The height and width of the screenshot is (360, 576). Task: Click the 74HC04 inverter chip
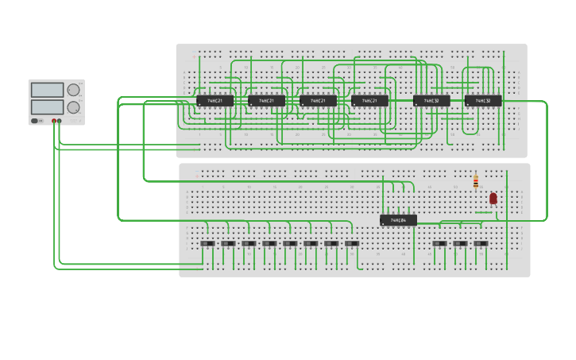coord(398,220)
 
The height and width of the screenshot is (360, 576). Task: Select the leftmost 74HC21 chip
coord(215,101)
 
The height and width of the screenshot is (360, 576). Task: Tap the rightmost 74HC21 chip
coord(369,101)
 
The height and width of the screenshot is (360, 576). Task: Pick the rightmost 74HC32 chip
coord(483,101)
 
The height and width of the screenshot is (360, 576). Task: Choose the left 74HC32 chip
coord(431,101)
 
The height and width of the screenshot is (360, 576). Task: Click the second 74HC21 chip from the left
coord(267,101)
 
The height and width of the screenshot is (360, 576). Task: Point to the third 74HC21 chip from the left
coord(318,101)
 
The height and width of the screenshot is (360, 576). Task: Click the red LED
coord(493,198)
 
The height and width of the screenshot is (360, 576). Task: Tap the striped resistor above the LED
coord(476,183)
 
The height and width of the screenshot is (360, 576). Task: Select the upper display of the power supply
coord(47,90)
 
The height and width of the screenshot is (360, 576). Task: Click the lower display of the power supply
coord(47,106)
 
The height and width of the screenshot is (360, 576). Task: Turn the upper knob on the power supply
coord(73,90)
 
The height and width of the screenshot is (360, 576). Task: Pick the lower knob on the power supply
coord(73,107)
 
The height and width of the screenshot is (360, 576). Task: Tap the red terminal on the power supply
coord(54,121)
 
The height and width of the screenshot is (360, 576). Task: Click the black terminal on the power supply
coord(60,121)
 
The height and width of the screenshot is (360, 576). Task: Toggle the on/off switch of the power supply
coord(36,121)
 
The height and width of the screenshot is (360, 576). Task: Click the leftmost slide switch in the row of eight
coord(207,244)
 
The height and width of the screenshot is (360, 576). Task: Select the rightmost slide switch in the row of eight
coord(352,244)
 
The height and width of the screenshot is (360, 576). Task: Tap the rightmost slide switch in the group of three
coord(481,244)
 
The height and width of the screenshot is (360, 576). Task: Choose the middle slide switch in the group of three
coord(460,244)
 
